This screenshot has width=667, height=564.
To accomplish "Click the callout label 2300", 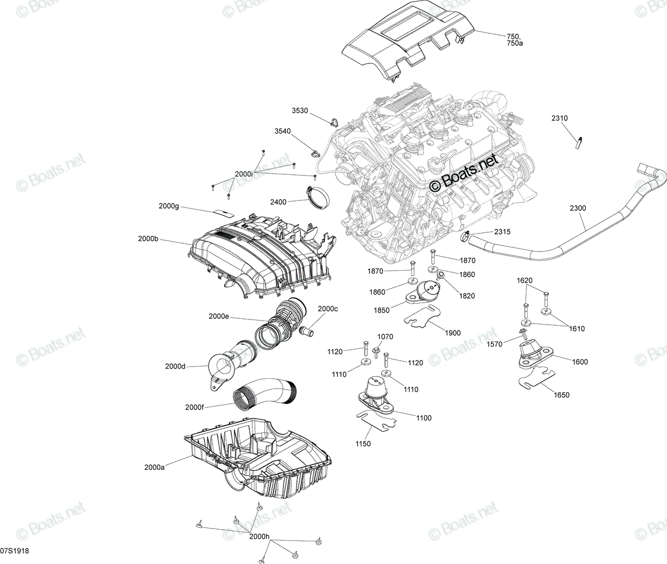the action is [578, 208].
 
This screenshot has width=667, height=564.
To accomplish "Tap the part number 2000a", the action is [154, 468].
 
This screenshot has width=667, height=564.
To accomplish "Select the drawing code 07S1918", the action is [15, 551].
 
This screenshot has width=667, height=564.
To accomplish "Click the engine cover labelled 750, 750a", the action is [408, 41].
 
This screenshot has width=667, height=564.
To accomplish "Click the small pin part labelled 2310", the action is [579, 142].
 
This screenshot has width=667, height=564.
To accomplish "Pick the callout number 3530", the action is [300, 110].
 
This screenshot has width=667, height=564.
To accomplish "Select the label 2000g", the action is [169, 206].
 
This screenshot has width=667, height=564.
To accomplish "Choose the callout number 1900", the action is [452, 333].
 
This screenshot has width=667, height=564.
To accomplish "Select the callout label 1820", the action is [467, 296].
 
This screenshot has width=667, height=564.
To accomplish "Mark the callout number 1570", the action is [494, 344].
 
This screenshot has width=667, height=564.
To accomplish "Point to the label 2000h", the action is [260, 536].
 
